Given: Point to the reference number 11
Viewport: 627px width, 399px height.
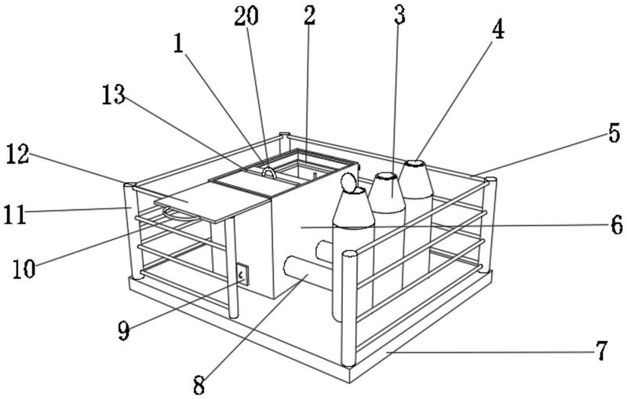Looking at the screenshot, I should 14,212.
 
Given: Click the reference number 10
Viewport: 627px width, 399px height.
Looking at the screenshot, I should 24,268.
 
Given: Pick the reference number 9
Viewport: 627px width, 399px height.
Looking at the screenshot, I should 123,331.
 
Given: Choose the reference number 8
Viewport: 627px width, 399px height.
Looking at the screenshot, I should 199,384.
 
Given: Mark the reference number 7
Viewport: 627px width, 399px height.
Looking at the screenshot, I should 602,350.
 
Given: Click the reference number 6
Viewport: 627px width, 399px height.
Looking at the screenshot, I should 618,226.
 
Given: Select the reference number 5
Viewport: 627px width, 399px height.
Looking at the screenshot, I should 614,132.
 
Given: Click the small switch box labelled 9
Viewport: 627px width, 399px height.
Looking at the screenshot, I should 242,274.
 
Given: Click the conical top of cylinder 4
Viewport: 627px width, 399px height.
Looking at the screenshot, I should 414,177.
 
